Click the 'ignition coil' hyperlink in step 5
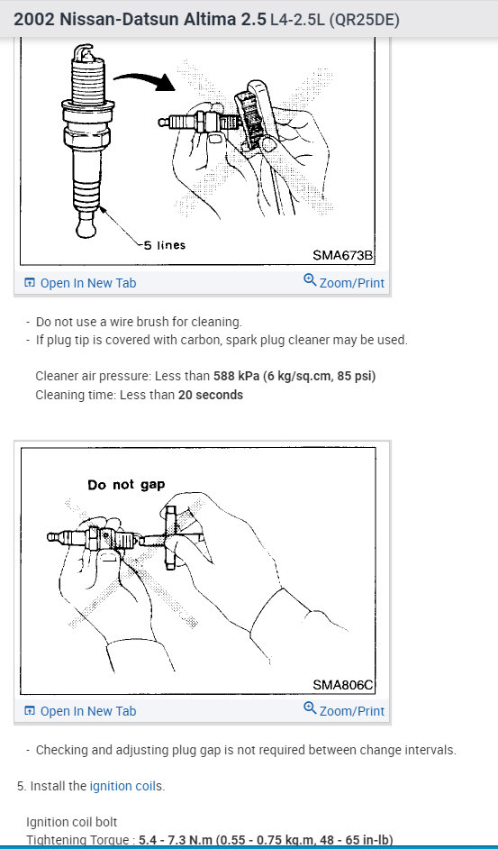pos(122,786)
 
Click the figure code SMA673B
pos(342,255)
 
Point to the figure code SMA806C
pos(342,684)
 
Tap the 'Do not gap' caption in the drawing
pos(126,485)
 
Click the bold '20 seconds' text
pos(211,395)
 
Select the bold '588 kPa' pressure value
pos(237,376)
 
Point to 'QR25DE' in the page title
pos(364,20)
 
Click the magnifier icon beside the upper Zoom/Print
pos(310,280)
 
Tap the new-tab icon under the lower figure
pos(30,711)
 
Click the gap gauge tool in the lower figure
pos(170,537)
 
